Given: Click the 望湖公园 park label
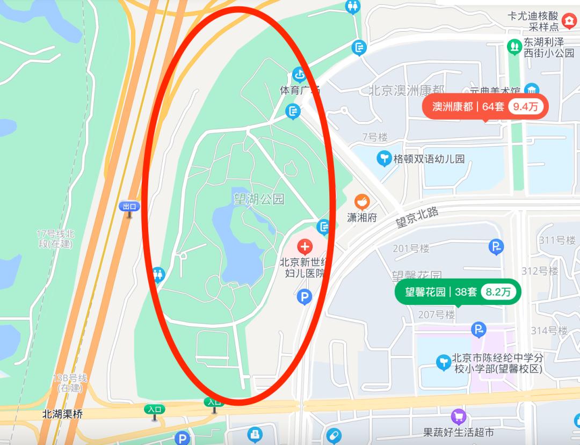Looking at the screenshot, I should [258, 200].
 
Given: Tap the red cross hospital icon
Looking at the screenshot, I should [305, 247].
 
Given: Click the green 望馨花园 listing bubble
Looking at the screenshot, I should [458, 292].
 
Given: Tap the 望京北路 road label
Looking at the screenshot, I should [417, 218].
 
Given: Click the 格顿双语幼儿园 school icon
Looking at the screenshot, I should [384, 159].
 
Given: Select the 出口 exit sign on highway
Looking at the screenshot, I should [129, 206].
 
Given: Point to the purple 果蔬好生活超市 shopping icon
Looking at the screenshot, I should [458, 416].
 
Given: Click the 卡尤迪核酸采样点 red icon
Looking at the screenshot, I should [568, 21].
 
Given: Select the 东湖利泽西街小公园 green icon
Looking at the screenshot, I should [514, 46].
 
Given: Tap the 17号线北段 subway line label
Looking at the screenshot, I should [56, 239].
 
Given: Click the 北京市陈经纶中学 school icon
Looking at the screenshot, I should [443, 362].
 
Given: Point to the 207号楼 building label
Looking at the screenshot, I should [436, 314].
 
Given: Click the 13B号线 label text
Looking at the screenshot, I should [70, 382].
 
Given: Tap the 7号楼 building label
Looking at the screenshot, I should [375, 137].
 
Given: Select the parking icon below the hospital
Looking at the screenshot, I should [305, 296].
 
